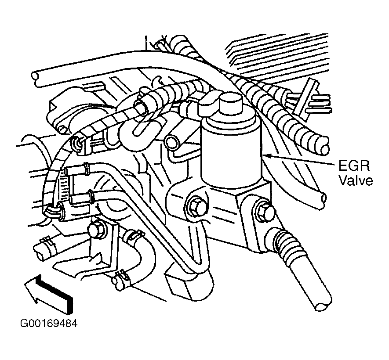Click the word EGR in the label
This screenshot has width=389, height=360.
coord(354,166)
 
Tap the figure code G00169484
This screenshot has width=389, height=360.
coord(49,323)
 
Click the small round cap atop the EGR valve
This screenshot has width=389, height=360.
coord(231,102)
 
